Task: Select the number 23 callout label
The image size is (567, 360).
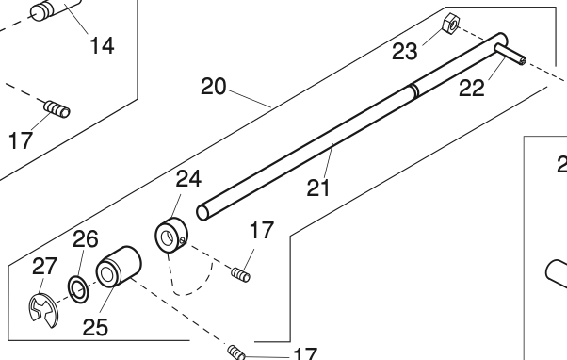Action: pyautogui.click(x=405, y=51)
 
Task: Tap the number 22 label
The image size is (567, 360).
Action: pyautogui.click(x=473, y=88)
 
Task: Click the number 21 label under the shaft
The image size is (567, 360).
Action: pyautogui.click(x=319, y=188)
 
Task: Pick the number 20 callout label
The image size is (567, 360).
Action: pyautogui.click(x=214, y=87)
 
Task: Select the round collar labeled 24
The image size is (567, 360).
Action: pyautogui.click(x=170, y=237)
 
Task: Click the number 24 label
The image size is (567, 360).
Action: pyautogui.click(x=188, y=178)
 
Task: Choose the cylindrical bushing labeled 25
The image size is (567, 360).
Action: pyautogui.click(x=119, y=267)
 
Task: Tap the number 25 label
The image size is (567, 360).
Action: pyautogui.click(x=94, y=327)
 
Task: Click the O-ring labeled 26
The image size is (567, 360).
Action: pyautogui.click(x=80, y=290)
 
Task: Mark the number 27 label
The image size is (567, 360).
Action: pyautogui.click(x=44, y=268)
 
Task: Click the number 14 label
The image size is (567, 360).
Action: pyautogui.click(x=102, y=44)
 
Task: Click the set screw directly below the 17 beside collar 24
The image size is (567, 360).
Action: pyautogui.click(x=239, y=274)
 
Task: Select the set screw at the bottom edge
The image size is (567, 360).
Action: pyautogui.click(x=237, y=353)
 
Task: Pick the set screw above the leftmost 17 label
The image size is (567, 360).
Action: pyautogui.click(x=57, y=109)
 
